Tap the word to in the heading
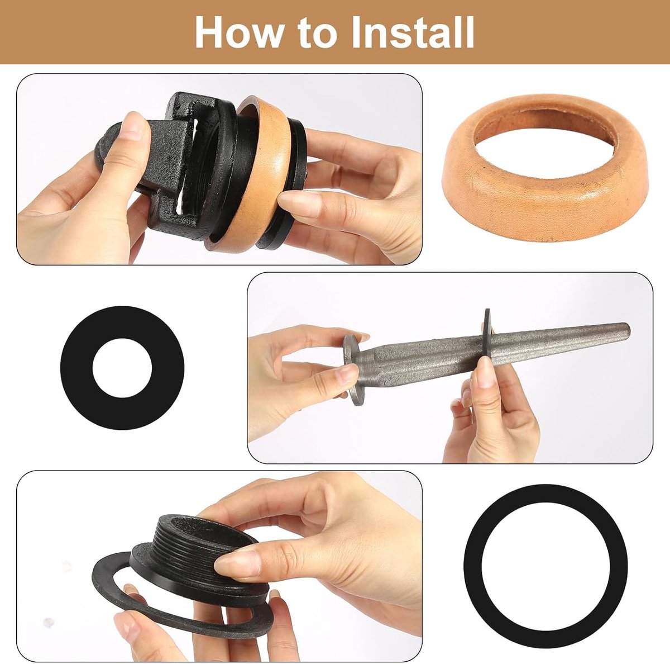coord(317,34)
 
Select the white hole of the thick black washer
coord(122,368)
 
